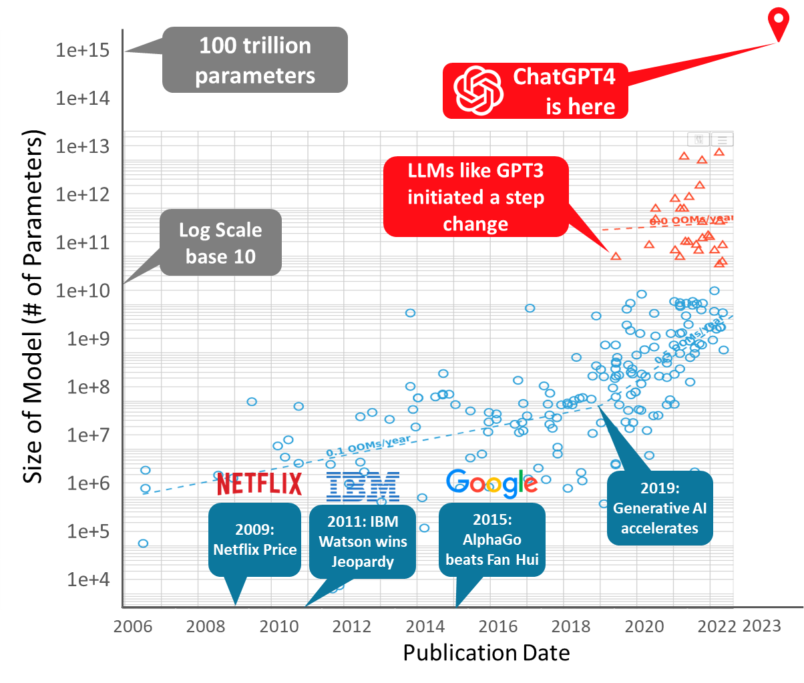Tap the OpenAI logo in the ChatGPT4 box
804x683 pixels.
point(477,90)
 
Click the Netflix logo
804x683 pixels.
point(260,483)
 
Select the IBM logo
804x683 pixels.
point(363,485)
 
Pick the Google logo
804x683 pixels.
point(492,483)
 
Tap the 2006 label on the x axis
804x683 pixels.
point(134,628)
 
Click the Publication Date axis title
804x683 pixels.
point(486,652)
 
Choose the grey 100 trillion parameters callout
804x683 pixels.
point(254,59)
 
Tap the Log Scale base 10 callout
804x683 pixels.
point(220,243)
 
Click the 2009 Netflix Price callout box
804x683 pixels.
point(254,539)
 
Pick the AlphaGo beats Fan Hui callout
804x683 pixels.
point(492,539)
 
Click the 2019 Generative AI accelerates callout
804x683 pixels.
point(660,508)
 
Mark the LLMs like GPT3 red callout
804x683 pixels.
point(475,197)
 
